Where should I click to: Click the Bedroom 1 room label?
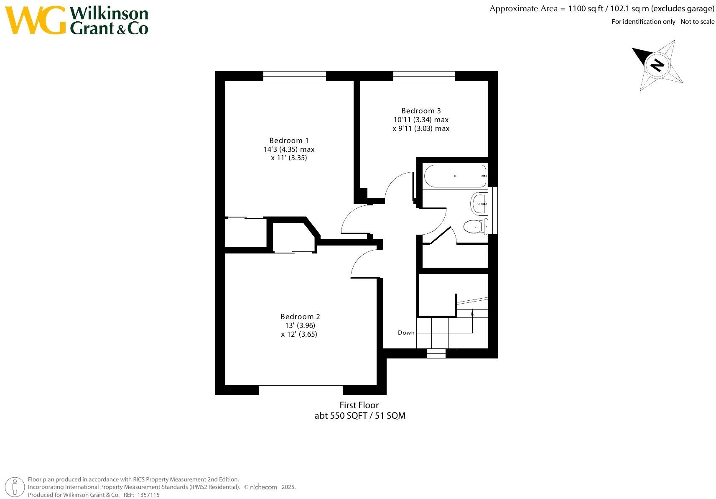click(x=289, y=141)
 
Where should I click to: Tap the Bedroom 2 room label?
click(x=300, y=317)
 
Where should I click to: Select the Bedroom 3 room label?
click(x=421, y=111)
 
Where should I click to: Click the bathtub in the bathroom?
click(x=455, y=176)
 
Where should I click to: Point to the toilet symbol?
click(x=476, y=227)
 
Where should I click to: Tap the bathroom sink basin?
click(x=479, y=204)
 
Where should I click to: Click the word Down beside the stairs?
click(x=406, y=333)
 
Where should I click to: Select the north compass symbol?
click(x=657, y=65)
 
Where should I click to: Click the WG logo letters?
click(x=36, y=20)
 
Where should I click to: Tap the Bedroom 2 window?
click(x=301, y=390)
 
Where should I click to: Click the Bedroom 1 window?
click(x=294, y=76)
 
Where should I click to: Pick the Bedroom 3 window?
click(x=423, y=76)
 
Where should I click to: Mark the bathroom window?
click(x=494, y=210)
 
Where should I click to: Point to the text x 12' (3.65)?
click(x=299, y=334)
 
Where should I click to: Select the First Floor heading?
click(x=359, y=405)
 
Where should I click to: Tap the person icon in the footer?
click(x=15, y=487)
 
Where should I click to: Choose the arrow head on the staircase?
click(x=472, y=311)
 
